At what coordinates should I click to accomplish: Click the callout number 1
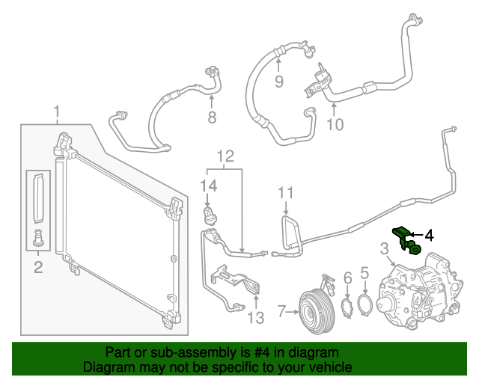(x=56, y=113)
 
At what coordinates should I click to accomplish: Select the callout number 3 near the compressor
(x=384, y=248)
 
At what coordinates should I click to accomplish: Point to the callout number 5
(x=364, y=274)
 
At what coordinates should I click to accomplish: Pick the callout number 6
(x=347, y=279)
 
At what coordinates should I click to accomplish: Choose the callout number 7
(x=281, y=310)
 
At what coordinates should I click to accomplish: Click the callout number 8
(x=212, y=117)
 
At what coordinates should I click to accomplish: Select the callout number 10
(x=335, y=123)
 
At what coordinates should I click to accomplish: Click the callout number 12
(x=225, y=156)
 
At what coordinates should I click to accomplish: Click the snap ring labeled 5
(x=364, y=306)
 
